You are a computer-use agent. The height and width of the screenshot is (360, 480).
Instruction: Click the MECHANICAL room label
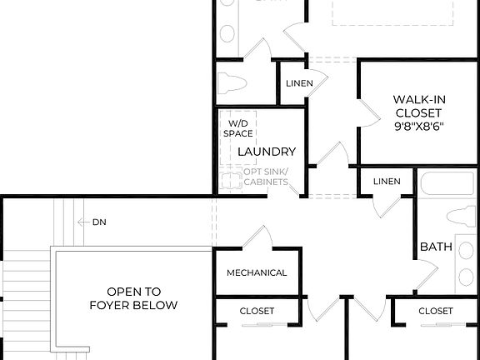[257, 272]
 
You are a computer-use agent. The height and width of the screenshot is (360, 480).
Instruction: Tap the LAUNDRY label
[267, 152]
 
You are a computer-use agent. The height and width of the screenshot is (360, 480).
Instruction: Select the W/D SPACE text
[237, 128]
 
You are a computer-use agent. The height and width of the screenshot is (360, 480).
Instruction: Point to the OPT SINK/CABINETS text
[266, 177]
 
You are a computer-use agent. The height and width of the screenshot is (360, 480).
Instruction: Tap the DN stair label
[100, 222]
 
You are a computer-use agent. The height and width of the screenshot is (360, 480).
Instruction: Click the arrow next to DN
[82, 222]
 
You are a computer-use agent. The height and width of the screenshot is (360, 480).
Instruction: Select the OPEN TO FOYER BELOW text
[133, 298]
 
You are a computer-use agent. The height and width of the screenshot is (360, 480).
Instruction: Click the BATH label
[436, 247]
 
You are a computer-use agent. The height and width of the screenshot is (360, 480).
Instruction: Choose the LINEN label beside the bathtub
[387, 182]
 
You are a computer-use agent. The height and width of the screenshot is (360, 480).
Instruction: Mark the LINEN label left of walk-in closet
[299, 83]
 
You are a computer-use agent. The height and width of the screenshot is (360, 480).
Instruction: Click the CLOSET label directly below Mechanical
[257, 311]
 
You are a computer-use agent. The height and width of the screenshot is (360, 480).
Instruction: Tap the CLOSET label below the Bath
[435, 311]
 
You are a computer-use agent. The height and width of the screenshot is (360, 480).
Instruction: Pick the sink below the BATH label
[463, 275]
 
